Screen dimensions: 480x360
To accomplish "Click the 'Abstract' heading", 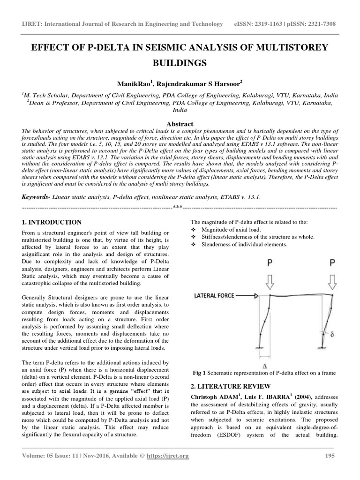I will tap(180, 124).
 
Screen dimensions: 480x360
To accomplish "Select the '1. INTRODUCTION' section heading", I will tap(52, 222).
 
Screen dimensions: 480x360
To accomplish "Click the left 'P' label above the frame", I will tap(270, 262).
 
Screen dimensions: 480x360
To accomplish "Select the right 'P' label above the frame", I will tap(332, 262).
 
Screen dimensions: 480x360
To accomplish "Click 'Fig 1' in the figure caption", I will tap(201, 373).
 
